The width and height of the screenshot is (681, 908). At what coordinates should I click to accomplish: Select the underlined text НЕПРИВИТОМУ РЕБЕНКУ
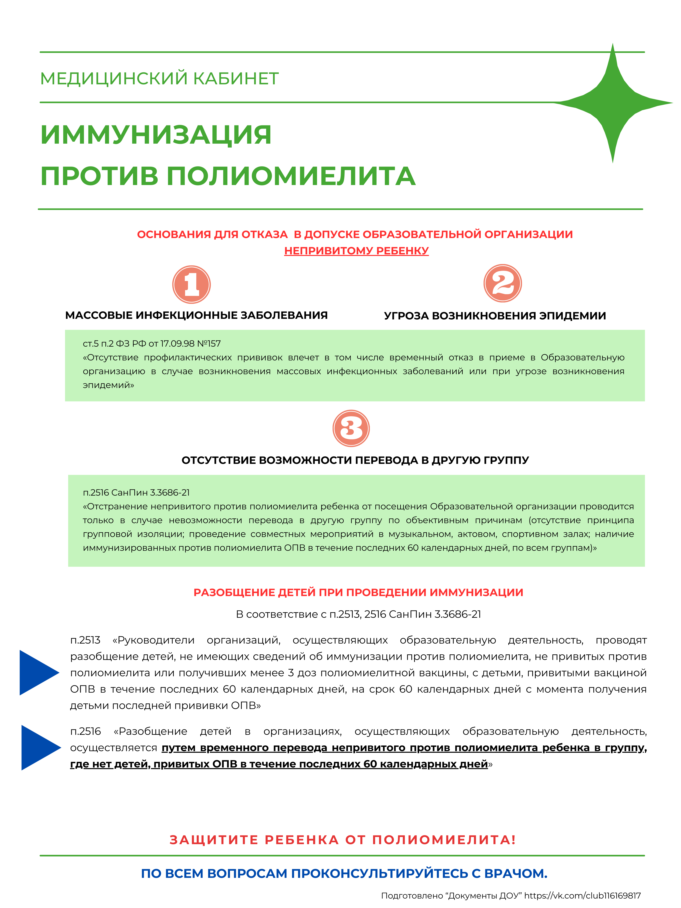356,251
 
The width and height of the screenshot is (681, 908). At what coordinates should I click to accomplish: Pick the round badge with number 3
351,428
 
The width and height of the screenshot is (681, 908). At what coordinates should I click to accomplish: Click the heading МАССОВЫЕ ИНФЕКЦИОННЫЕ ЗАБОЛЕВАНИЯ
196,315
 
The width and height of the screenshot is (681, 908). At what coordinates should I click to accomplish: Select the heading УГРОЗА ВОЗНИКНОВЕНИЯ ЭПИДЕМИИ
495,316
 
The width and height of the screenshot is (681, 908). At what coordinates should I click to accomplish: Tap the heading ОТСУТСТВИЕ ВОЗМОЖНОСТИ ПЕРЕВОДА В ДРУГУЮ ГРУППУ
355,460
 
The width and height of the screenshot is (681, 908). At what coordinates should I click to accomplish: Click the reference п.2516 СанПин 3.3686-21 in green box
136,493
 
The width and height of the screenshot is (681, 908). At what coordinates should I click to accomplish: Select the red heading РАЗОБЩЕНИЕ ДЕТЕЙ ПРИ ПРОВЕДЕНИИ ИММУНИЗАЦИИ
358,592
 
